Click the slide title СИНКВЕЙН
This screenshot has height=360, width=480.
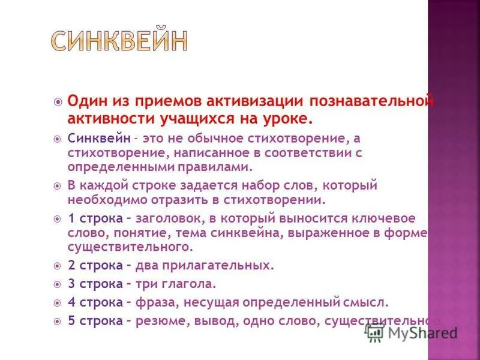pyautogui.click(x=119, y=41)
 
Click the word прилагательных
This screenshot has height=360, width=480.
pyautogui.click(x=224, y=264)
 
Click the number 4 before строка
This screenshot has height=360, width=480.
pyautogui.click(x=71, y=302)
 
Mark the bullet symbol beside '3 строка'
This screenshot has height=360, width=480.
pyautogui.click(x=58, y=283)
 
